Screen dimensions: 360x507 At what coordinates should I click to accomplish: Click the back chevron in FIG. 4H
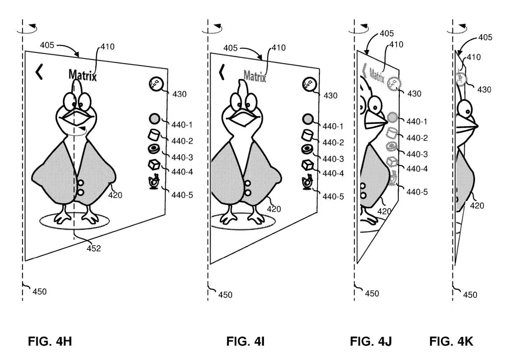(39, 72)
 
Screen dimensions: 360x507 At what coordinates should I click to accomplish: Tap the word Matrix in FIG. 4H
(82, 75)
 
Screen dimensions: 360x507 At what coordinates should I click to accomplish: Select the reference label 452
(94, 248)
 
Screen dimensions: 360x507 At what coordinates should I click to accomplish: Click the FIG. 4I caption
(245, 341)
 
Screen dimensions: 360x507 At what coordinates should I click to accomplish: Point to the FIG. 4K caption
(451, 341)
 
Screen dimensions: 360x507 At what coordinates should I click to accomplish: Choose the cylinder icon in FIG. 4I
(307, 135)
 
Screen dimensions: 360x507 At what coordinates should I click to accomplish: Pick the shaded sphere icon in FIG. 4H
(154, 119)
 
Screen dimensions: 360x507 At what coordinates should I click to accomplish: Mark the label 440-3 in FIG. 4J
(417, 154)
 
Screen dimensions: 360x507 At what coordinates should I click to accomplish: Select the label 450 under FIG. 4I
(225, 295)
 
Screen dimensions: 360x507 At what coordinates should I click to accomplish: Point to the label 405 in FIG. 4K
(485, 37)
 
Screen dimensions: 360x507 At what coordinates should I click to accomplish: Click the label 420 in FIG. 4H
(115, 195)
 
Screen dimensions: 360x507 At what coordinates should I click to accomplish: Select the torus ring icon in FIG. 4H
(154, 149)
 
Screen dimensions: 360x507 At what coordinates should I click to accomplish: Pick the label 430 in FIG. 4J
(414, 94)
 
